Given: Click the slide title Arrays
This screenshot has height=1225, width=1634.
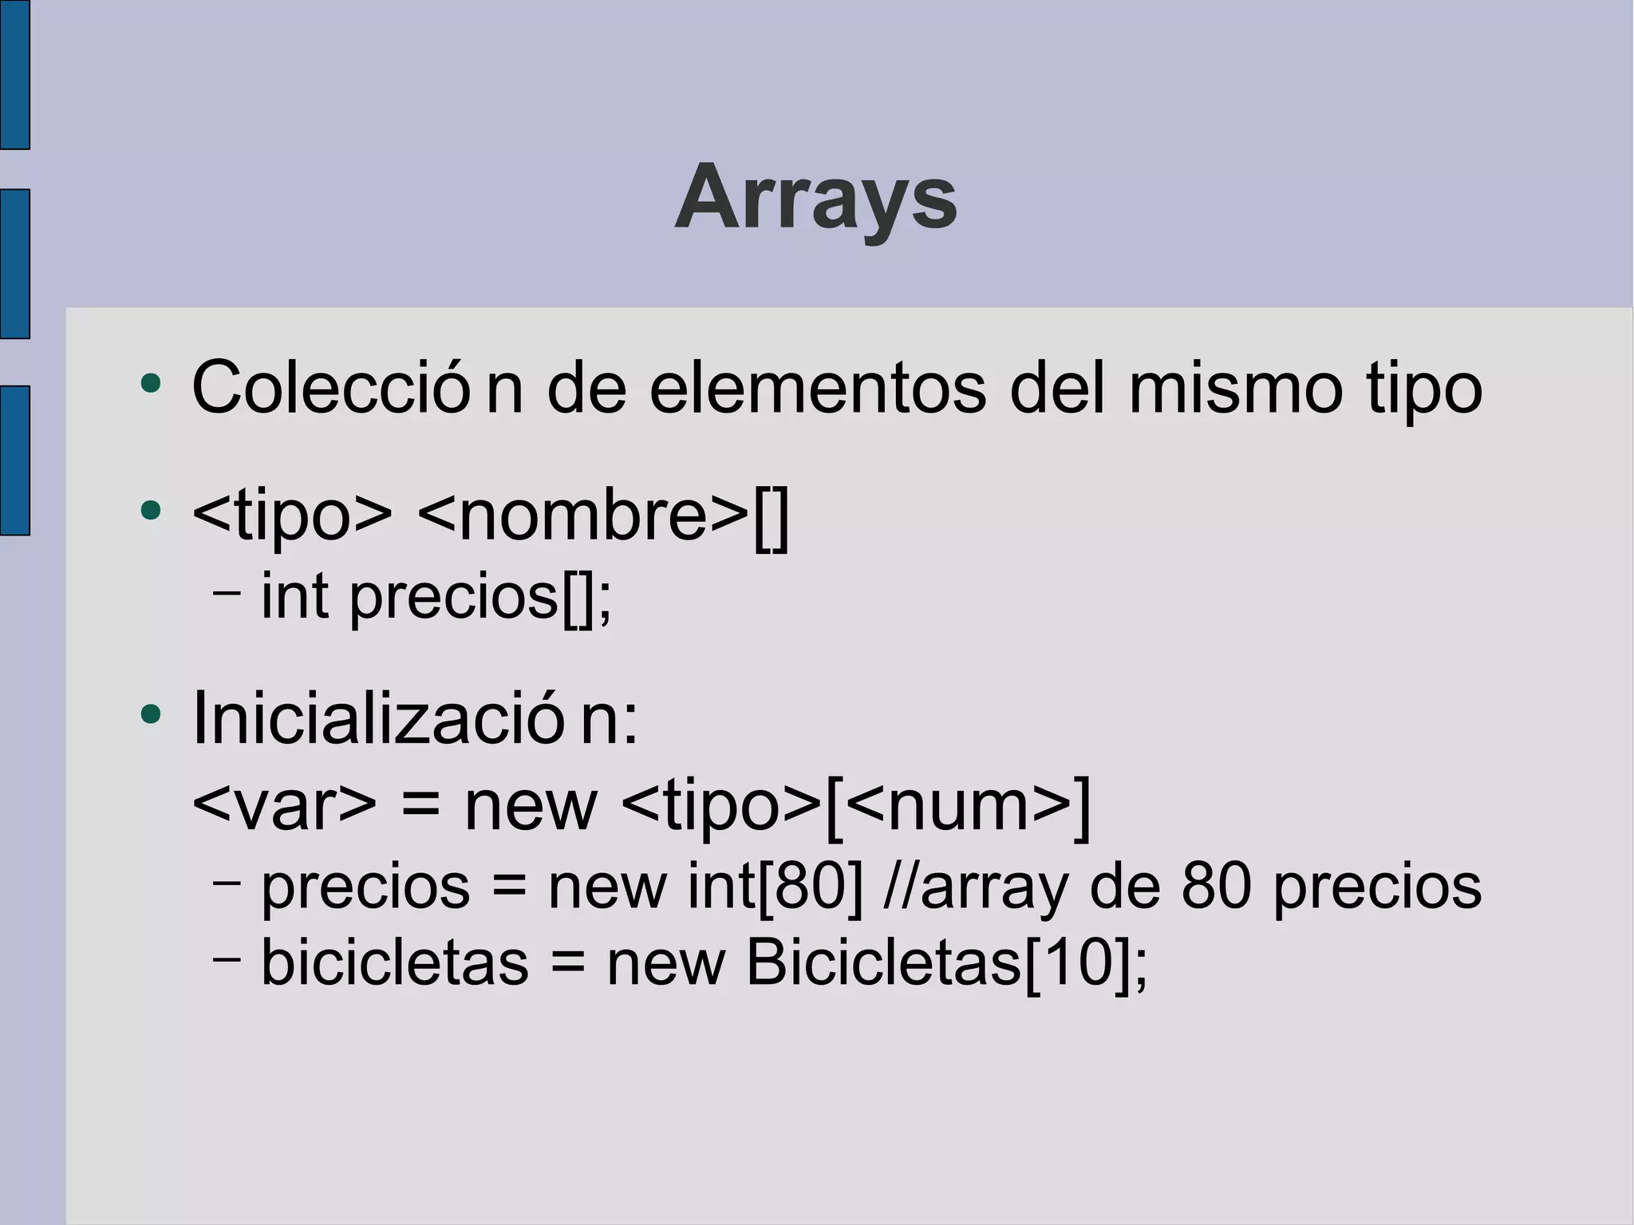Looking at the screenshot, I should (815, 197).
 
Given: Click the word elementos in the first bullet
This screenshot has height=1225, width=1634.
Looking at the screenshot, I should (817, 389).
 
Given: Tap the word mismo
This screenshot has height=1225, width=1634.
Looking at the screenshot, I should (1235, 389).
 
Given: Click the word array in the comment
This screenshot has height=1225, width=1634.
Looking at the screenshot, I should (994, 887).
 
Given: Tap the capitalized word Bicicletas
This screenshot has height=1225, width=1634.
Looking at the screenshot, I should (883, 962).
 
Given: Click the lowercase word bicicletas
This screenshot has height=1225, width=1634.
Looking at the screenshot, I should (395, 962).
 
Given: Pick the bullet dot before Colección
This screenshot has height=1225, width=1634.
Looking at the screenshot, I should (150, 384).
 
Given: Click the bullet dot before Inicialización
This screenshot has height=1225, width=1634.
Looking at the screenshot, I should (150, 713).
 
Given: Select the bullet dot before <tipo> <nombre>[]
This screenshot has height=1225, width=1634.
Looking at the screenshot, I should (150, 510).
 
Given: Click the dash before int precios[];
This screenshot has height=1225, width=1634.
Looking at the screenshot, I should (227, 594).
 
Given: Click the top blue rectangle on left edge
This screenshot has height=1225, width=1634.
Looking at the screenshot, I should (14, 74).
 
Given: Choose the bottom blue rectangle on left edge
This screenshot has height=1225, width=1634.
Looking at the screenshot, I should (14, 460).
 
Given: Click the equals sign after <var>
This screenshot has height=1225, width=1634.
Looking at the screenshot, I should (420, 806).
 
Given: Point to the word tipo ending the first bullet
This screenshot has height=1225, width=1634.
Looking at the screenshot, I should (1424, 389).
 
